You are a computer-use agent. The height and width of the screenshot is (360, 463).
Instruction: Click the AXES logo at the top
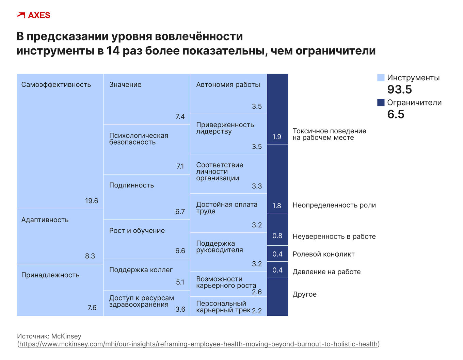pyautogui.click(x=33, y=15)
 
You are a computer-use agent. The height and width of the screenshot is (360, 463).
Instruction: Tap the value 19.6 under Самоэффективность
pyautogui.click(x=91, y=201)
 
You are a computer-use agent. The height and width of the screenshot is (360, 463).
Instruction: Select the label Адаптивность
pyautogui.click(x=45, y=220)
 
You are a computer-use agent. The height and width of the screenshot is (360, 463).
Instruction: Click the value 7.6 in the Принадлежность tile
pyautogui.click(x=92, y=308)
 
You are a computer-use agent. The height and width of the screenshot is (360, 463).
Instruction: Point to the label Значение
pyautogui.click(x=125, y=85)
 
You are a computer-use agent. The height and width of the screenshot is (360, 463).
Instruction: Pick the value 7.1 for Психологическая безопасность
pyautogui.click(x=180, y=166)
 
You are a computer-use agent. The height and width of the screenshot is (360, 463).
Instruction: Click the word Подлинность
pyautogui.click(x=131, y=185)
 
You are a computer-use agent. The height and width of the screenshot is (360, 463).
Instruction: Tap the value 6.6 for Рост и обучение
pyautogui.click(x=180, y=251)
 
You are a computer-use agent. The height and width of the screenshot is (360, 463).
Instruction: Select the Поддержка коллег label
pyautogui.click(x=141, y=270)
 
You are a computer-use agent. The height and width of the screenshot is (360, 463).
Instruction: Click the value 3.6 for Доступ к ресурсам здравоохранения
pyautogui.click(x=180, y=309)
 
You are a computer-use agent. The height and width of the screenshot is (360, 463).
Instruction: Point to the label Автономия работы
pyautogui.click(x=228, y=85)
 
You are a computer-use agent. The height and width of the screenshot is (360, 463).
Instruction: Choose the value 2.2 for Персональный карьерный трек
pyautogui.click(x=257, y=311)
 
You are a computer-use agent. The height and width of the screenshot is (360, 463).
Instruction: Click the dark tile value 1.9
pyautogui.click(x=277, y=137)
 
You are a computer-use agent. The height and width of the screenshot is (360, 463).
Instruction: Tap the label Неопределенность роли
pyautogui.click(x=334, y=205)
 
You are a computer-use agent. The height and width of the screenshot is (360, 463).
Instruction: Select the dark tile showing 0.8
pyautogui.click(x=277, y=236)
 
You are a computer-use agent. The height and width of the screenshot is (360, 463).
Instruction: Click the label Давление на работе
pyautogui.click(x=326, y=272)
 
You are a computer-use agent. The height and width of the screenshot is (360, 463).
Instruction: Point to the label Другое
pyautogui.click(x=304, y=294)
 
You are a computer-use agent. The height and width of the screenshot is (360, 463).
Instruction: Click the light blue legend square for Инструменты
pyautogui.click(x=381, y=78)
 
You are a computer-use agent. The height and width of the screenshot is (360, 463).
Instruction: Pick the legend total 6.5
pyautogui.click(x=396, y=114)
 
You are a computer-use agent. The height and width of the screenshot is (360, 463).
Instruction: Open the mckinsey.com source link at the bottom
pyautogui.click(x=198, y=344)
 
